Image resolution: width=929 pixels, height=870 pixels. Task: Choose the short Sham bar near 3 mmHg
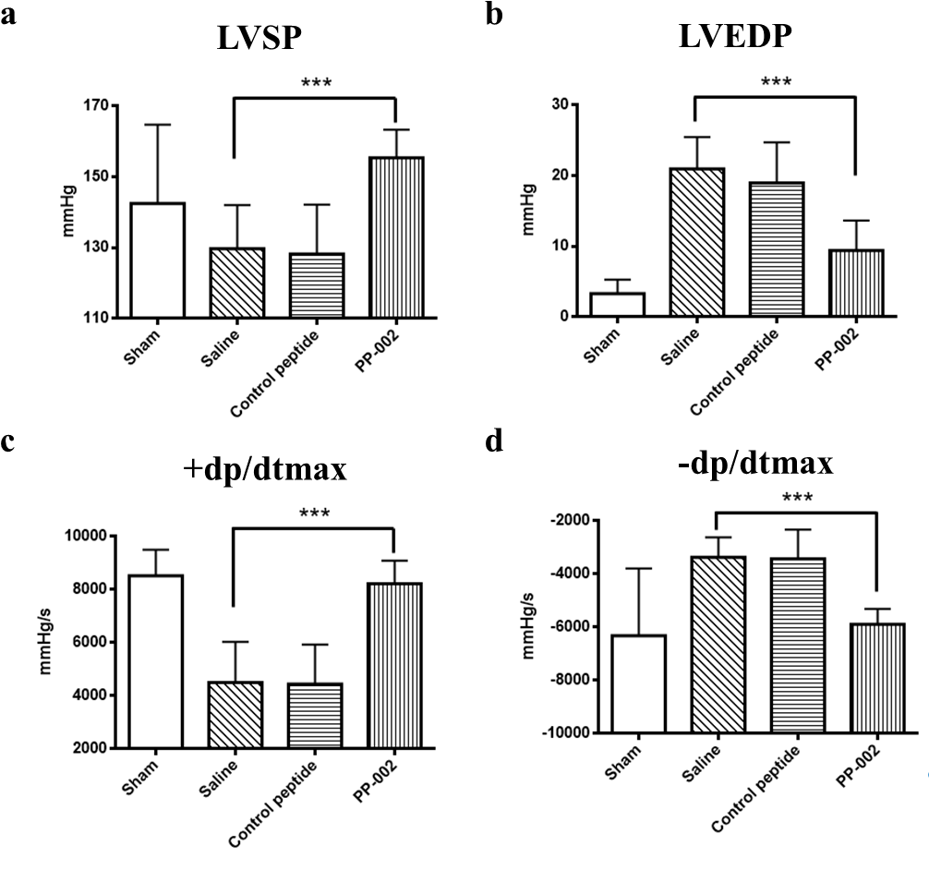(618, 305)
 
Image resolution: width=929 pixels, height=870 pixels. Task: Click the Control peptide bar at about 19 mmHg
(777, 249)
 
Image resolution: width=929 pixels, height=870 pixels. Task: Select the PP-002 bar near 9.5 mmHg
(856, 283)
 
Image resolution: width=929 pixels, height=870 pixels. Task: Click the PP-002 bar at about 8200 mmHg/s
(395, 665)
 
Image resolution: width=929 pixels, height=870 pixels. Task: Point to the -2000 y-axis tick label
(571, 520)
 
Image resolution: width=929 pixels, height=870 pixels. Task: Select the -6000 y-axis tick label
(571, 626)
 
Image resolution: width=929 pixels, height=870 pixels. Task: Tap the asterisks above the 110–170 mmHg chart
(316, 83)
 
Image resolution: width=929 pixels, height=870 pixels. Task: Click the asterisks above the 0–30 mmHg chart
(776, 82)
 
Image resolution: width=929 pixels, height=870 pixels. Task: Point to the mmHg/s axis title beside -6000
(528, 626)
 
